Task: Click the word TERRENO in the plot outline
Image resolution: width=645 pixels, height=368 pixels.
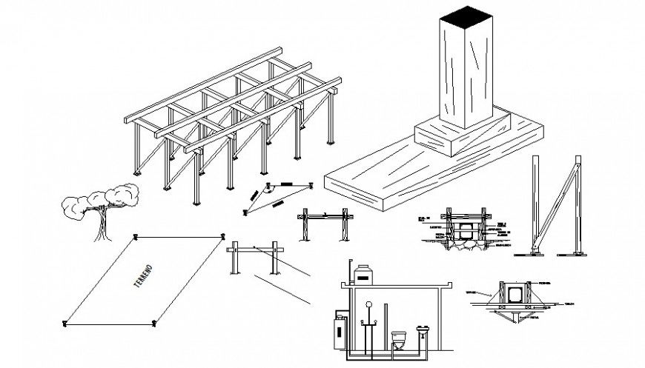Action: click(x=142, y=278)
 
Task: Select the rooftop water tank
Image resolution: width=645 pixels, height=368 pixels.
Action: click(x=363, y=275)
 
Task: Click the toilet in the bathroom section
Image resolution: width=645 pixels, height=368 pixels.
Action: click(x=398, y=340)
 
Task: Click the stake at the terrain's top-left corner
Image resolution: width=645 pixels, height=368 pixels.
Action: click(x=135, y=237)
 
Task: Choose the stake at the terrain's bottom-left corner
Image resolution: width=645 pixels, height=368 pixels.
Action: click(x=64, y=322)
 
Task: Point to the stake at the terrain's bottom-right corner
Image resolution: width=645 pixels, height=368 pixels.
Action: click(x=153, y=322)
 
